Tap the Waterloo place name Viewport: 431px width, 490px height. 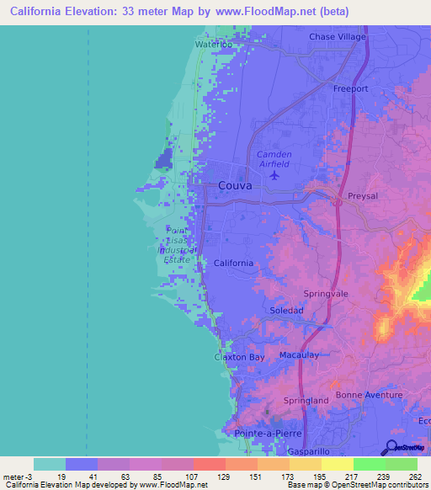point(214,43)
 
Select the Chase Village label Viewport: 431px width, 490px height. point(338,37)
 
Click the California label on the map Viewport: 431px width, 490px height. point(233,264)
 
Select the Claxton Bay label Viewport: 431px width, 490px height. point(240,358)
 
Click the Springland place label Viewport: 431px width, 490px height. point(306,401)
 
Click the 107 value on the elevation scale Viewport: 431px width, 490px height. point(192,477)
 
